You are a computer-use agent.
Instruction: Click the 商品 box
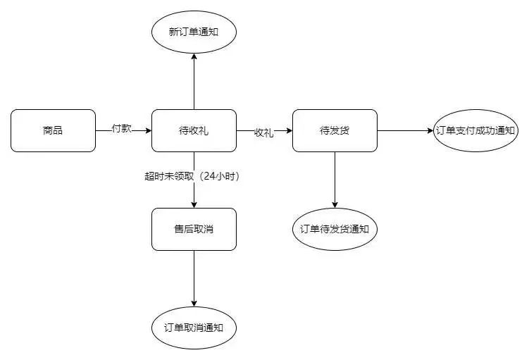coord(53,130)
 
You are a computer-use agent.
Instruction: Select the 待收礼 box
coord(194,130)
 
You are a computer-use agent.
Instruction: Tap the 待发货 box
coord(335,130)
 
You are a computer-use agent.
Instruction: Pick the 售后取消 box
coord(194,229)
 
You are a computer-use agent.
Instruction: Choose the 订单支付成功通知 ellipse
coord(476,130)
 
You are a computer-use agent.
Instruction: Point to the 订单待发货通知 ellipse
coord(335,229)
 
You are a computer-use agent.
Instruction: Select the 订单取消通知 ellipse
coord(194,328)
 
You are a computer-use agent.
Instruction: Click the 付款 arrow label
coord(122,129)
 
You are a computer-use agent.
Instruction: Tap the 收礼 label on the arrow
coord(263,132)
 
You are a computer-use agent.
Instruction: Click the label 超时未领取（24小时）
coord(192,177)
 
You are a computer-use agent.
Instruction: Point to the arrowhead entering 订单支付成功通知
coord(430,130)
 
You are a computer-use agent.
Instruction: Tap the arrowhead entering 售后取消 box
coord(194,204)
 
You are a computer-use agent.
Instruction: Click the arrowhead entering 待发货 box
coord(289,130)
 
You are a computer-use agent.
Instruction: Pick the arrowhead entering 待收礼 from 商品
coord(148,130)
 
